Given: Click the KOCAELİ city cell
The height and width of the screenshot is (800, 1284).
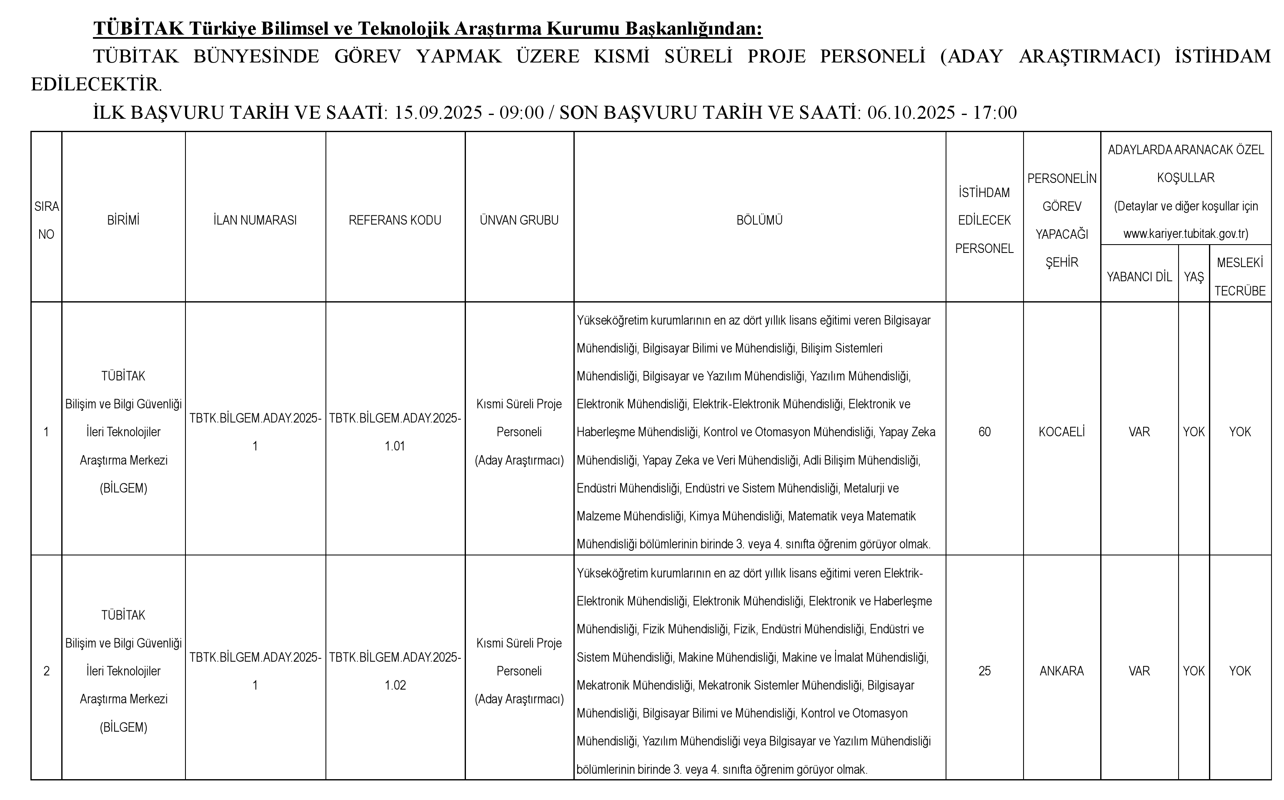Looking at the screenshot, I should tap(1061, 432).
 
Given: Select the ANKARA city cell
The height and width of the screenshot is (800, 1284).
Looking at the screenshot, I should tap(1061, 671).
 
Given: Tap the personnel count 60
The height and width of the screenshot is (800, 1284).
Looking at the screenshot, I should tap(984, 432).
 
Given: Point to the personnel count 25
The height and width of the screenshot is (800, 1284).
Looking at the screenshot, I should tap(984, 671).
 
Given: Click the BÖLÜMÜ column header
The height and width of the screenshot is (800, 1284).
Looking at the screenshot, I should tap(759, 220).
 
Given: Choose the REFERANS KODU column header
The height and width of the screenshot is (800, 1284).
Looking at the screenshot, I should tap(395, 220).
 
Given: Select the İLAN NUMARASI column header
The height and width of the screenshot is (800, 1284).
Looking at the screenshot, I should tap(255, 220).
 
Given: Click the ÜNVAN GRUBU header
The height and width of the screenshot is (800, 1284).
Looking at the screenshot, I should tap(519, 220).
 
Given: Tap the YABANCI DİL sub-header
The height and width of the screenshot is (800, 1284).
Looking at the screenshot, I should tap(1139, 277).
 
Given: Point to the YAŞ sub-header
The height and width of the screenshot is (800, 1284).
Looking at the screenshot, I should tap(1194, 277).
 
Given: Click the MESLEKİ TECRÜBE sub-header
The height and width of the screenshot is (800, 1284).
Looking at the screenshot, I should tap(1239, 277).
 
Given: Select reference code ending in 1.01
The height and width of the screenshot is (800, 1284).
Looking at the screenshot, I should tap(395, 432).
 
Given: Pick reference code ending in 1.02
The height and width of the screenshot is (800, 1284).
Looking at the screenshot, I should tap(395, 671).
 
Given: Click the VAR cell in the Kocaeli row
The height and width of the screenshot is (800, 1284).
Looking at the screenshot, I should tap(1139, 432).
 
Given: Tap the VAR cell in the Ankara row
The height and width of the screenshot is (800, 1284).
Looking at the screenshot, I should tap(1139, 671).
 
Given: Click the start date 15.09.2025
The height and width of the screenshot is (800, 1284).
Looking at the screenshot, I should tap(438, 112).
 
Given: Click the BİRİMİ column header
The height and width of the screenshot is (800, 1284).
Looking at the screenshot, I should tap(123, 220).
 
